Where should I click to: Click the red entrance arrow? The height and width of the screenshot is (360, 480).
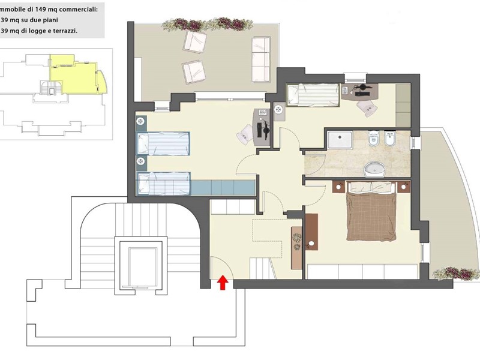(223, 283)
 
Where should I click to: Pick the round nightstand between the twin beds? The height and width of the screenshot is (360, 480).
(141, 161)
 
